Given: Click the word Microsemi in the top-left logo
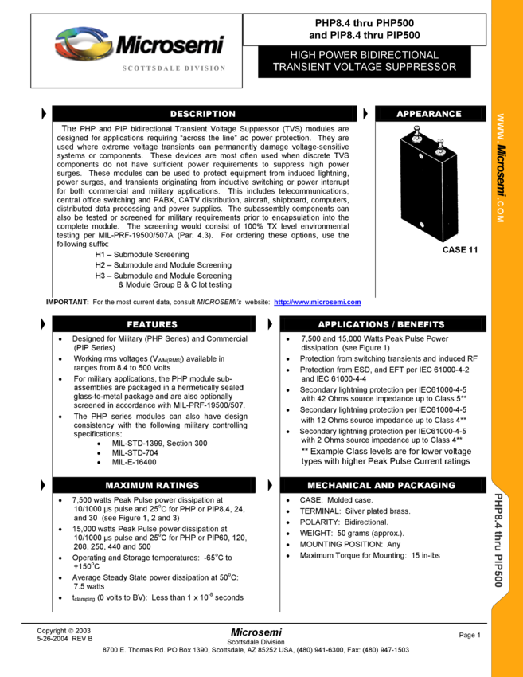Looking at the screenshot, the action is click(170, 45).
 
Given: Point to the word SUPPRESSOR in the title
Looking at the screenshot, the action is click(420, 67).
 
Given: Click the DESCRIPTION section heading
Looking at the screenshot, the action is click(203, 114).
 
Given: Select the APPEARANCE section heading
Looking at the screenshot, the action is click(429, 114).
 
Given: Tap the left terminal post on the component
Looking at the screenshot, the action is click(416, 137).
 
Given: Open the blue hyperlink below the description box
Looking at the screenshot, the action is click(317, 303).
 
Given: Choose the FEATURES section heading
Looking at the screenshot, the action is click(152, 324).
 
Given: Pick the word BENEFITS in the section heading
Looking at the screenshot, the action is click(422, 324).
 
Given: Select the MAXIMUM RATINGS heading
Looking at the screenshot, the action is click(152, 485).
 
